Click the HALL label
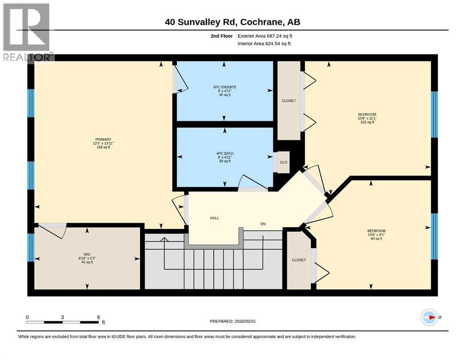click(214, 218)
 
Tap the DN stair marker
click(263, 224)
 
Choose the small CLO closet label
click(283, 162)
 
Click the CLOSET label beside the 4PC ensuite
click(289, 101)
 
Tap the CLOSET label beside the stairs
click(299, 260)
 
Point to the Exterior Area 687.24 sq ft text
click(265, 36)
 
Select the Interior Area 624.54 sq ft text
click(264, 44)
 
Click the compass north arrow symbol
click(429, 317)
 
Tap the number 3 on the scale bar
click(62, 317)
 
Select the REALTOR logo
click(27, 32)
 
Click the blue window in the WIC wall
click(31, 247)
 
